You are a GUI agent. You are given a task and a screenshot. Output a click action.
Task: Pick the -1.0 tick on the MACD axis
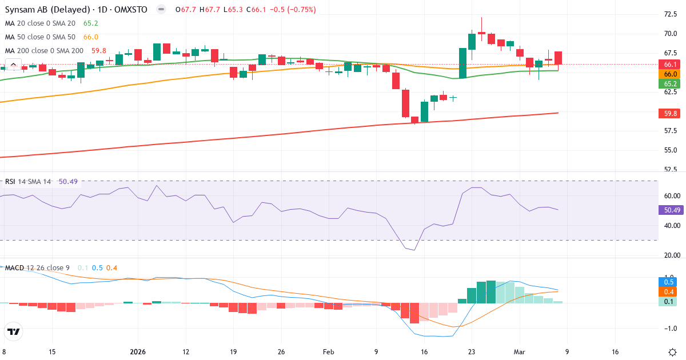[x=669, y=328]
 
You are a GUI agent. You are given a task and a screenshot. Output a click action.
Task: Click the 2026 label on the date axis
[x=138, y=352]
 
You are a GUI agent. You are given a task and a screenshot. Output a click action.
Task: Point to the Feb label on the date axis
[x=328, y=352]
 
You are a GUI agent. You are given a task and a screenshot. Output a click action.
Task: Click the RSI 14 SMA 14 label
[x=28, y=182]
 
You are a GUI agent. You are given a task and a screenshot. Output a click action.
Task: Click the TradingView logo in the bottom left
[x=14, y=331]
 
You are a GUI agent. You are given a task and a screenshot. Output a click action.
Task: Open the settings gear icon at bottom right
[x=673, y=352]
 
